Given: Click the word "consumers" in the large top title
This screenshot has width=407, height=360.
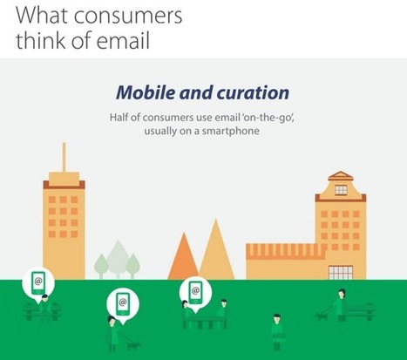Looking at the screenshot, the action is tap(128, 16).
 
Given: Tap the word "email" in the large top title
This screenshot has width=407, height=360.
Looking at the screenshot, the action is tap(123, 40).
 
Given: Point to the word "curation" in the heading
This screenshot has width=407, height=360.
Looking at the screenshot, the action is tap(253, 92).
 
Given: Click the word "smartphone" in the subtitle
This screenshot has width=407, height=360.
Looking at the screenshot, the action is tap(231, 131).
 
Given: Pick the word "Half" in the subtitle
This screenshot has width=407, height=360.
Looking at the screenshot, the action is tap(118, 118).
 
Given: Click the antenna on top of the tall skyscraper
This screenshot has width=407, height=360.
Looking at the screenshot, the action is tap(64, 157).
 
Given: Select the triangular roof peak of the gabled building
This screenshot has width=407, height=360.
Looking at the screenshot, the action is tap(340, 175).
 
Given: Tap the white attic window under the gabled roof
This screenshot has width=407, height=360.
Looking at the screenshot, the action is tap(341, 190).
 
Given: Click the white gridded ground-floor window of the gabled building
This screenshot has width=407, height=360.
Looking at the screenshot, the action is tap(341, 273).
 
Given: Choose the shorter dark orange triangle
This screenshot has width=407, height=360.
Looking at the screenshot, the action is tap(184, 257).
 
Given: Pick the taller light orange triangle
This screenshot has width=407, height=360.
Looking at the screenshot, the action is tap(217, 251).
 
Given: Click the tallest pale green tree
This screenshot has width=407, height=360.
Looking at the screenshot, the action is tap(118, 259).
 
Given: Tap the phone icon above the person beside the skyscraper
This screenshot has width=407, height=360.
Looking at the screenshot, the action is tap(38, 282).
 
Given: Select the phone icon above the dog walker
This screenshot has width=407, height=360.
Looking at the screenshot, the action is tap(123, 303).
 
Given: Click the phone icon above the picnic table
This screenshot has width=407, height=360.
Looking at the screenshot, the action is tap(195, 291).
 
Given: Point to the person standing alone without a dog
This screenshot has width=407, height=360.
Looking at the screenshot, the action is tap(277, 331).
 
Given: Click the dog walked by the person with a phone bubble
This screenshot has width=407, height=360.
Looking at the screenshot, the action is tap(134, 345).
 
